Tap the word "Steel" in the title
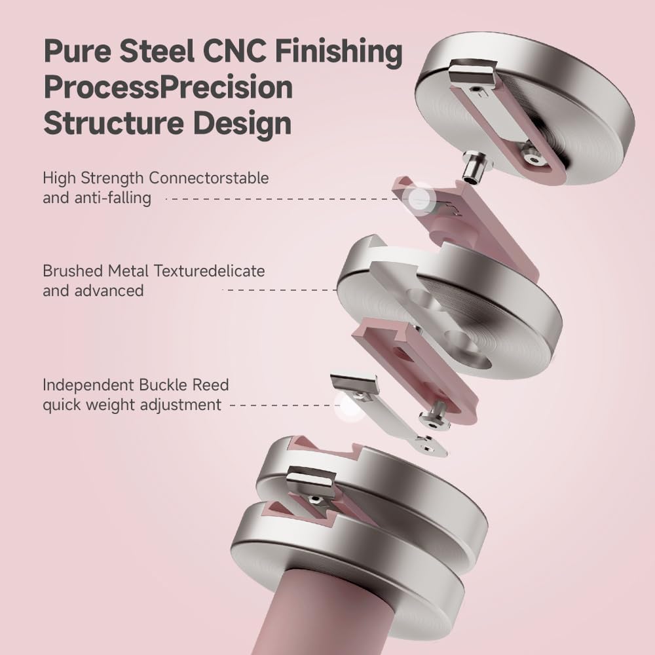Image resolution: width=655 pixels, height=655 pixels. [x=157, y=50]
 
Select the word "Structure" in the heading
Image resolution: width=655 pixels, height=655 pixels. [x=113, y=123]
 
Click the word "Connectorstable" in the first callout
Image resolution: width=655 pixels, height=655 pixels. [x=208, y=178]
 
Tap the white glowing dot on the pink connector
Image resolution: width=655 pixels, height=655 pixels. [x=418, y=199]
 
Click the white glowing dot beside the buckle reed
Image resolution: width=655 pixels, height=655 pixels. [x=348, y=405]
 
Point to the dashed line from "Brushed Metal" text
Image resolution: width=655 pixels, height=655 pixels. [x=280, y=290]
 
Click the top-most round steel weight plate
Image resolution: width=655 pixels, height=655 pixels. [x=525, y=110]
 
